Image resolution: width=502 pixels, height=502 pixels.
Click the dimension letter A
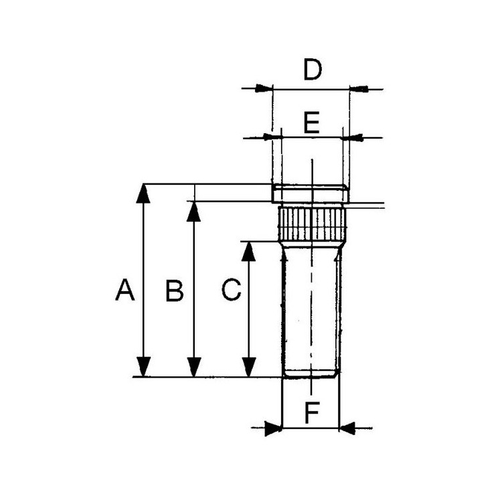125,291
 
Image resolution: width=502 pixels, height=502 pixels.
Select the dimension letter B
174,291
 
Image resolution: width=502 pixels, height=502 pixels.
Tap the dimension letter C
231,291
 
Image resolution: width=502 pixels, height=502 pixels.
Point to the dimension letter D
312,70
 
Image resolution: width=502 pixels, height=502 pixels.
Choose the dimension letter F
312,413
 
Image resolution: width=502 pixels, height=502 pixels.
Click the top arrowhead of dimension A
143,193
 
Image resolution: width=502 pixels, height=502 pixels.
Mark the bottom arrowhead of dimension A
143,367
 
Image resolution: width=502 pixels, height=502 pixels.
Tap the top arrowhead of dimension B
194,211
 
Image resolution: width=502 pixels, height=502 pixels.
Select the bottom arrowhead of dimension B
194,367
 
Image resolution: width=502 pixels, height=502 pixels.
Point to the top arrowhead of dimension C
249,251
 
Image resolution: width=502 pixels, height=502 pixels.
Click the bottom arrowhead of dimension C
249,367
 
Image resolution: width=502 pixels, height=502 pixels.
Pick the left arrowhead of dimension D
264,88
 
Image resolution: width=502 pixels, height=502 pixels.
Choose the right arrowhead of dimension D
359,88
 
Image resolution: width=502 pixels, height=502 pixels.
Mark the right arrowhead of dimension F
348,428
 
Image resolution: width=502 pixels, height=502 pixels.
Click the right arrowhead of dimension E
352,138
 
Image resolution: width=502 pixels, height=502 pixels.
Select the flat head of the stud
311,193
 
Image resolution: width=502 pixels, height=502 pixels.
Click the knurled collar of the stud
312,225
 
